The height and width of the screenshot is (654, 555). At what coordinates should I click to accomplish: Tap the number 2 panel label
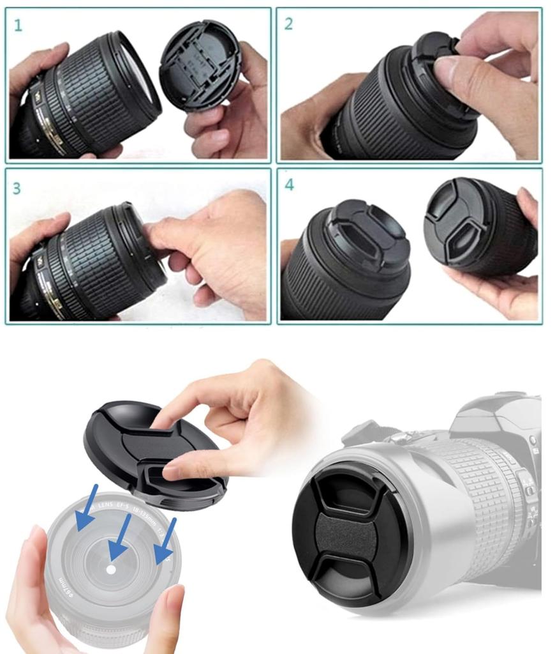[289, 25]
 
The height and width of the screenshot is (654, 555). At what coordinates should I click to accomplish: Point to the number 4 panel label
[290, 186]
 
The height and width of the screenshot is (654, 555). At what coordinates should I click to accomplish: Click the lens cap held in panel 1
[200, 64]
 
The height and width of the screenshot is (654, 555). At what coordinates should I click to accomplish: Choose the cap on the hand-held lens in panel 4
[458, 220]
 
